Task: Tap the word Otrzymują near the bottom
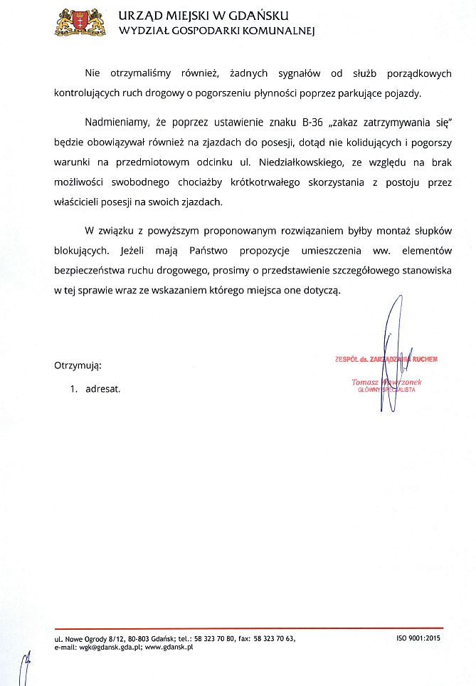(x=78, y=365)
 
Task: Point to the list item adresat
(x=102, y=390)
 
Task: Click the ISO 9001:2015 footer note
(x=418, y=638)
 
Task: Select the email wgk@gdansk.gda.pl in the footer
(x=106, y=648)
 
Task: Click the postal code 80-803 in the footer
(x=141, y=638)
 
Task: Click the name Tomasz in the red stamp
(x=366, y=383)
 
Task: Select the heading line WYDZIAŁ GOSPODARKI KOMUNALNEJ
(x=216, y=31)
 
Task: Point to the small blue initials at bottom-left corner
(x=26, y=667)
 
